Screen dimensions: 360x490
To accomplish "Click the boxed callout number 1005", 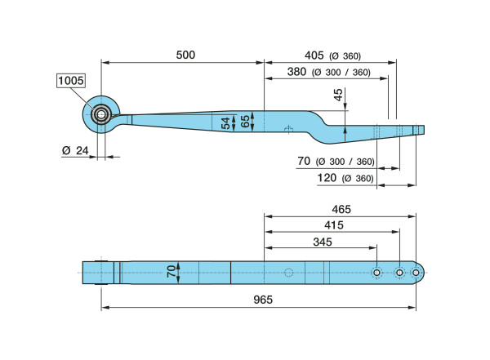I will [71, 80].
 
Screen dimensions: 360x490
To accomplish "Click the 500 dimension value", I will [185, 55].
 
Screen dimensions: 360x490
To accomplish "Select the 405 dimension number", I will [314, 56].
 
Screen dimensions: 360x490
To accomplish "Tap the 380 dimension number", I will [297, 72].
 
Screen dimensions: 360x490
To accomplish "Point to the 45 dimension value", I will [338, 96].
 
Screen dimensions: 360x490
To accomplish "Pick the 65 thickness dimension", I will [243, 122].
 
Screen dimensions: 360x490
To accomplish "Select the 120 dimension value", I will [329, 177].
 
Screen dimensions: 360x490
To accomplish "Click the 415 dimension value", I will [332, 225].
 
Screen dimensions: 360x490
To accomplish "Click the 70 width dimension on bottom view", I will [171, 272].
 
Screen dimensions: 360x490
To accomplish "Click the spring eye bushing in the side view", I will [102, 115].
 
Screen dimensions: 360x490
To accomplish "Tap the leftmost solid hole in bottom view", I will [376, 273].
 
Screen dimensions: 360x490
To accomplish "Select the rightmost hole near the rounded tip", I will [416, 273].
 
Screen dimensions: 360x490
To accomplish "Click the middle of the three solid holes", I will [399, 273].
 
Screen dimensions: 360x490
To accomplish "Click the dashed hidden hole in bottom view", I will [288, 273].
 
